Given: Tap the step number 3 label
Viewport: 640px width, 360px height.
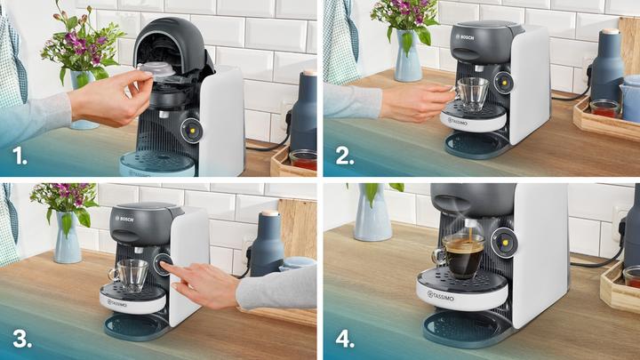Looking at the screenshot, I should tap(18, 339).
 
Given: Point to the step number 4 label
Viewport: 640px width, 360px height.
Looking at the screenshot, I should tap(342, 339).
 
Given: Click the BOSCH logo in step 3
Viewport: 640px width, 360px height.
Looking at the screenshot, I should tap(124, 220).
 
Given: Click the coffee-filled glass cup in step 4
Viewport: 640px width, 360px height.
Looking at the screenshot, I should tap(462, 256).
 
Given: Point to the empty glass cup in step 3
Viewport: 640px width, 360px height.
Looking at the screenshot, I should tap(132, 275).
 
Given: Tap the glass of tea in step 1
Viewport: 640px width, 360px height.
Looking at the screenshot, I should tap(303, 161).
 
